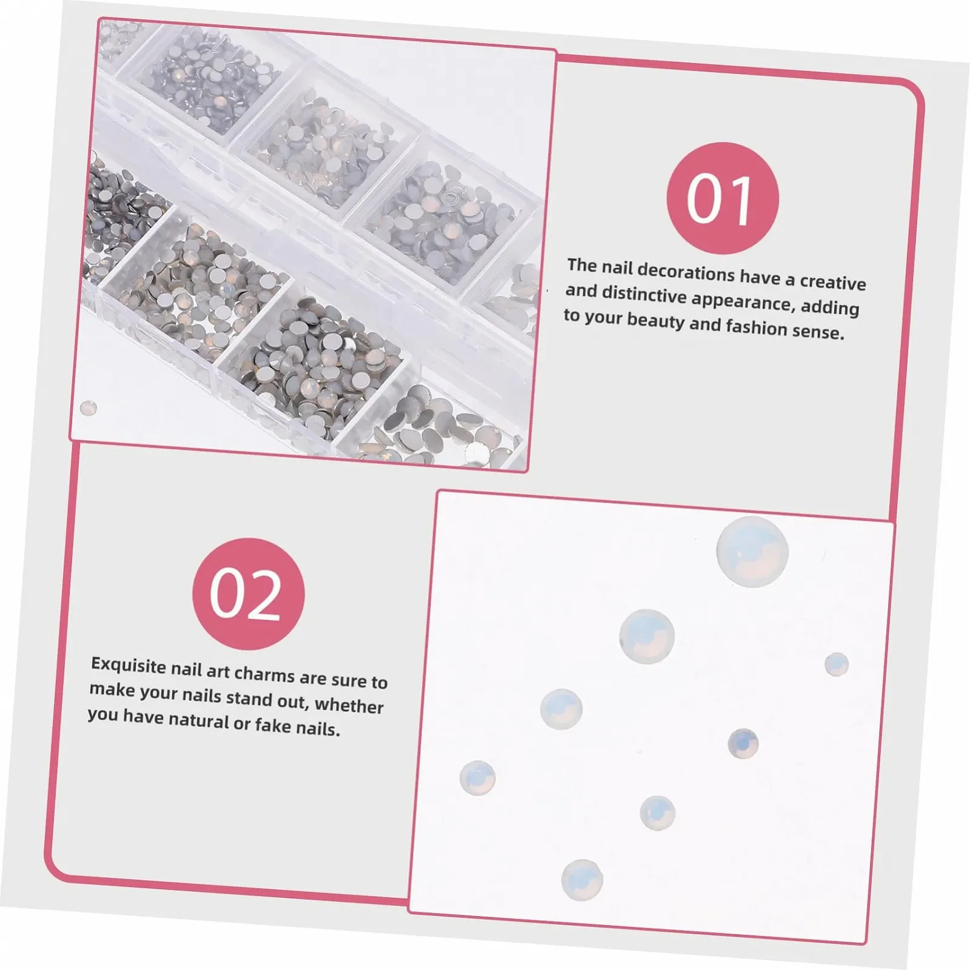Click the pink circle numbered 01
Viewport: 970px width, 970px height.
[x=722, y=198]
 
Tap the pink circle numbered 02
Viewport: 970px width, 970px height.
[x=248, y=594]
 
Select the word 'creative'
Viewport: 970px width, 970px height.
[x=833, y=282]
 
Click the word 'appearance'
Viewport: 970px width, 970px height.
[x=743, y=302]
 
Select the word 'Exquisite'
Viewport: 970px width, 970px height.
[x=129, y=666]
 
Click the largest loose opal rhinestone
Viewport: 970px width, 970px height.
[x=752, y=552]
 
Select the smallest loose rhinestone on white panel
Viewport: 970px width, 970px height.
[x=837, y=664]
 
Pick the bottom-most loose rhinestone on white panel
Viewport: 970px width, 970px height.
[x=582, y=880]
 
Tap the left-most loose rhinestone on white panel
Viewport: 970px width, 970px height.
[x=478, y=778]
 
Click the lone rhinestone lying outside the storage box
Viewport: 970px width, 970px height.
[x=89, y=407]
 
